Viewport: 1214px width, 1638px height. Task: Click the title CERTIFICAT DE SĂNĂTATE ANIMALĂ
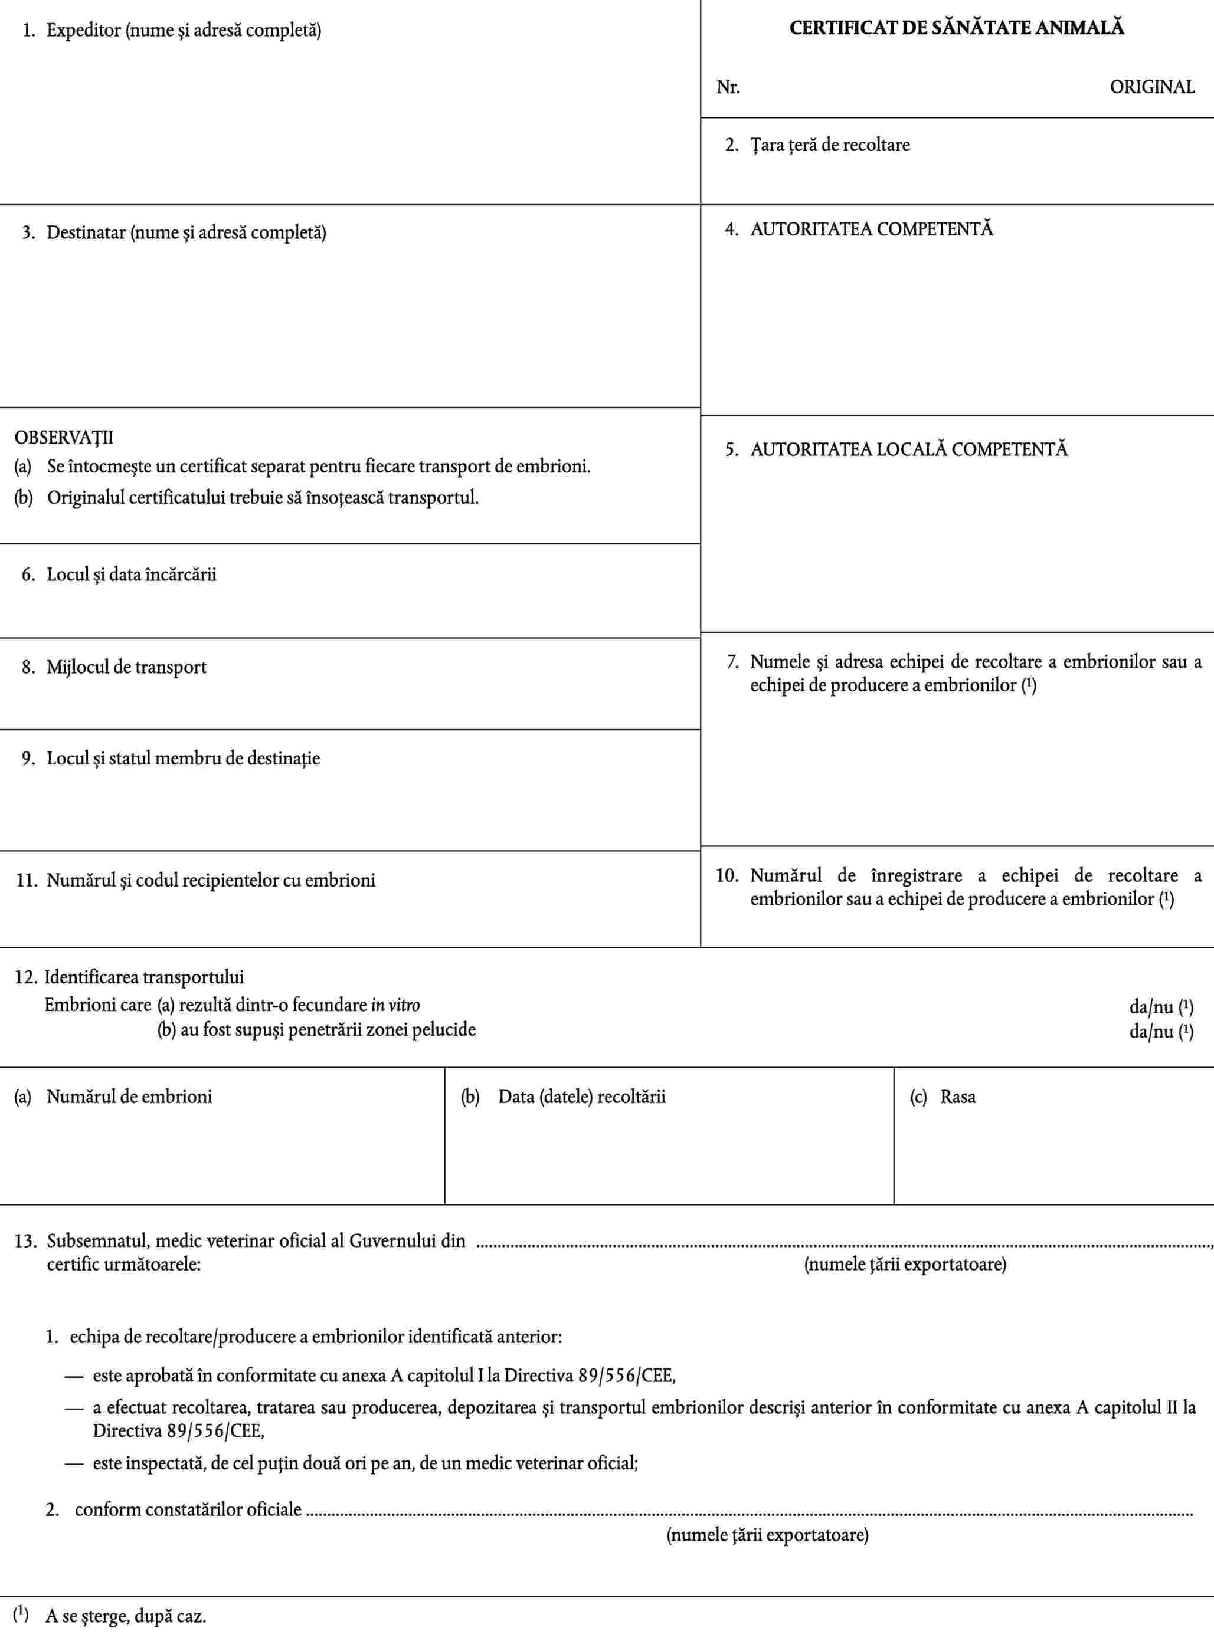coord(957,29)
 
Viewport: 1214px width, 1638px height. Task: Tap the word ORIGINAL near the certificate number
coord(1151,87)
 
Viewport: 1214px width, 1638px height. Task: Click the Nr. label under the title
coord(728,87)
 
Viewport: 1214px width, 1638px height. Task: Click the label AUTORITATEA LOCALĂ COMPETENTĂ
coord(908,449)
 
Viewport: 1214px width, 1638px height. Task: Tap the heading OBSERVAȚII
coord(64,438)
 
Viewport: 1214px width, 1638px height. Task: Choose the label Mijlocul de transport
coord(126,667)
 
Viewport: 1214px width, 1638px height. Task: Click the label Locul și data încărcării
coord(132,575)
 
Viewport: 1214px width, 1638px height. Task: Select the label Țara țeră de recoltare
coord(830,145)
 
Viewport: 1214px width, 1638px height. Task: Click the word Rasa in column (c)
coord(957,1097)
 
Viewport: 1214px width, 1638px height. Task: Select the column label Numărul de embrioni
coord(129,1097)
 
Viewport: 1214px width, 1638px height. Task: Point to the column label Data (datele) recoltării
coord(581,1097)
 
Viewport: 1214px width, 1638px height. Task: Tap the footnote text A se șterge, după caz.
coord(126,1617)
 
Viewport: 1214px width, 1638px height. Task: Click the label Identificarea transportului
coord(144,977)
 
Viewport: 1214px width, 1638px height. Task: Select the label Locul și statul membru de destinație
coord(184,759)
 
